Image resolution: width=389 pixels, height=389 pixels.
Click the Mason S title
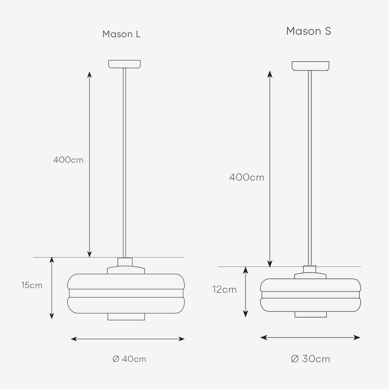click(309, 32)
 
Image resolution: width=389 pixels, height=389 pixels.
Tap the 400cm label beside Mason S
click(247, 177)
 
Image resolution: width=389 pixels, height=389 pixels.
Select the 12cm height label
click(224, 290)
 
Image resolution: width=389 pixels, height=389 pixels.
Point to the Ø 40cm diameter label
click(129, 359)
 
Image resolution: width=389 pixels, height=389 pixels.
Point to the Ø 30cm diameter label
click(310, 359)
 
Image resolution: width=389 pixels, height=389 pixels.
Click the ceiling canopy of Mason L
click(125, 63)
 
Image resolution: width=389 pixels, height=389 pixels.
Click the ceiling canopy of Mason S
click(310, 65)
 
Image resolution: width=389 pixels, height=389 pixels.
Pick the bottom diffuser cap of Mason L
click(126, 317)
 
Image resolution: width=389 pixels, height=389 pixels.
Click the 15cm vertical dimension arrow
click(52, 289)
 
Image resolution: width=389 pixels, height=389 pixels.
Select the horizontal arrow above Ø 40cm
click(128, 338)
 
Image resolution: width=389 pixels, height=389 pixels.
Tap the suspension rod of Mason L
click(125, 160)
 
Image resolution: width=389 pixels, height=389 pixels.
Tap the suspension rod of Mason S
click(310, 165)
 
